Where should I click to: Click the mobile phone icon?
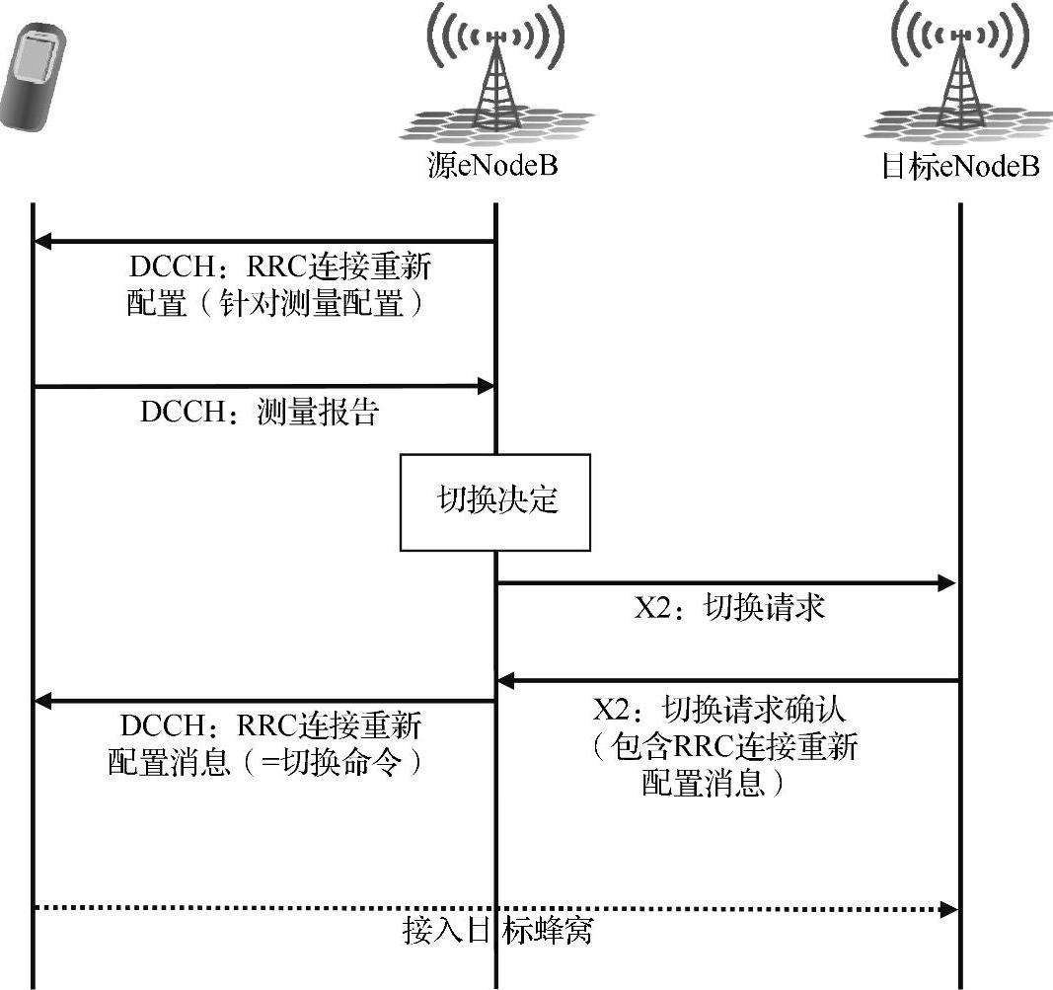point(36,79)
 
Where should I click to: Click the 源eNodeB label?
point(493,165)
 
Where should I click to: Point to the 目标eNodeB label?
point(960,165)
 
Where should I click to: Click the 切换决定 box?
point(494,501)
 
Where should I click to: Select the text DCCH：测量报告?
point(259,413)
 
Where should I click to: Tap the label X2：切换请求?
point(729,608)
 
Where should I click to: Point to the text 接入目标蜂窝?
point(498,930)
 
